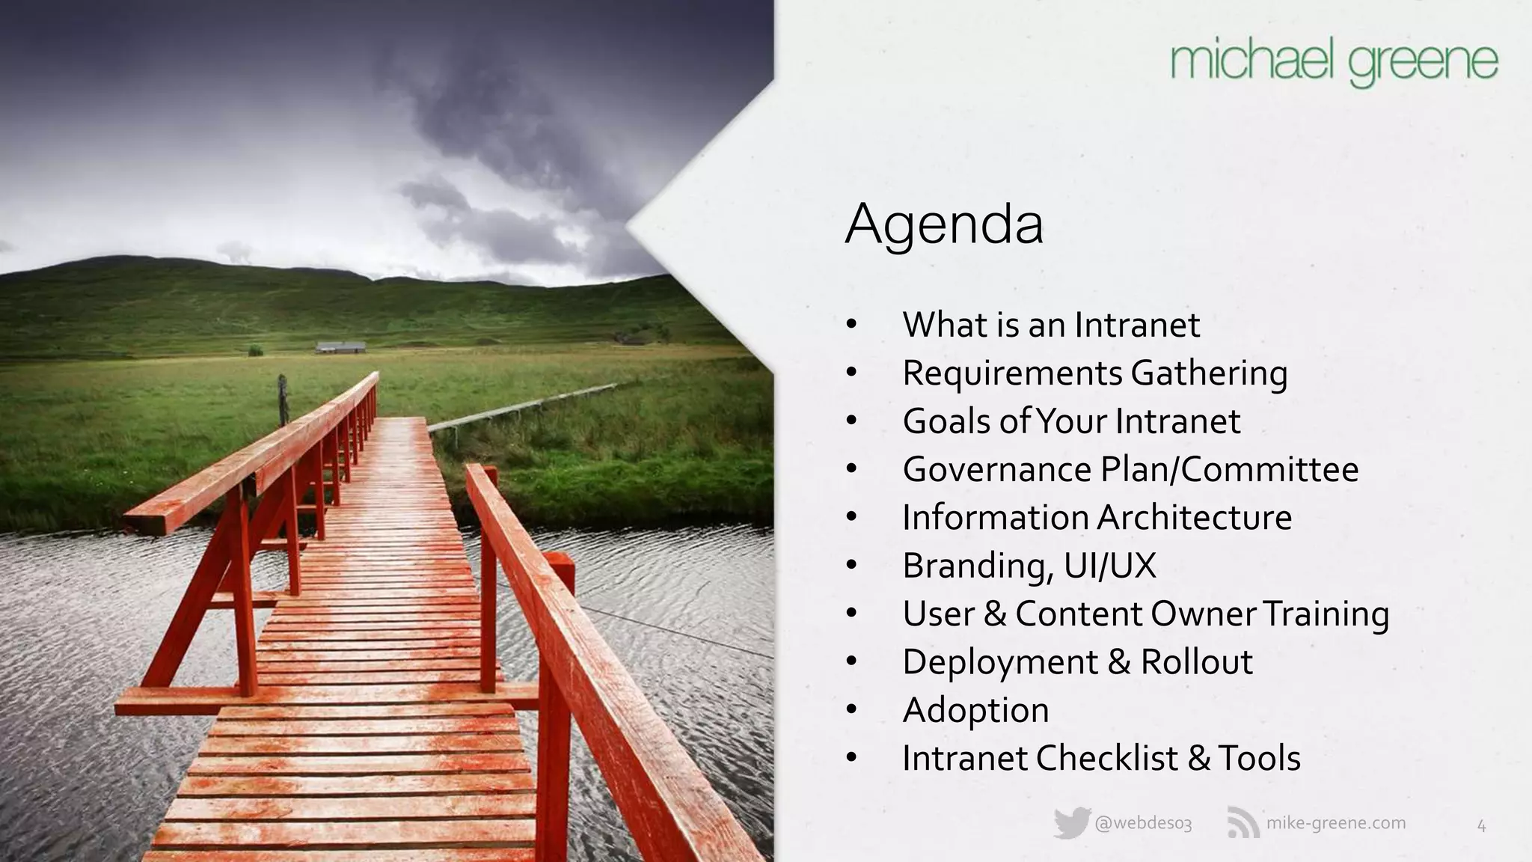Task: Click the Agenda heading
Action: click(944, 224)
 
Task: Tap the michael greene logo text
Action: click(1334, 63)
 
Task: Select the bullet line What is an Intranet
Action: click(1050, 325)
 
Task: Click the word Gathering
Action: click(1209, 373)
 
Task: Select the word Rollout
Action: click(1196, 661)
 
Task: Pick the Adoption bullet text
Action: click(975, 710)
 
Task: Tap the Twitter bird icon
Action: click(1070, 824)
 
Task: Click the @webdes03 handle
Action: click(1143, 824)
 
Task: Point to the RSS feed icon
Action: click(1243, 824)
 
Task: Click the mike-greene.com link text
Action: click(1335, 823)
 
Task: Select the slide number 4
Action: click(1481, 826)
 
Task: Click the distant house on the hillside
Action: click(340, 347)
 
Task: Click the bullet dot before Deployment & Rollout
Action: click(851, 662)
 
